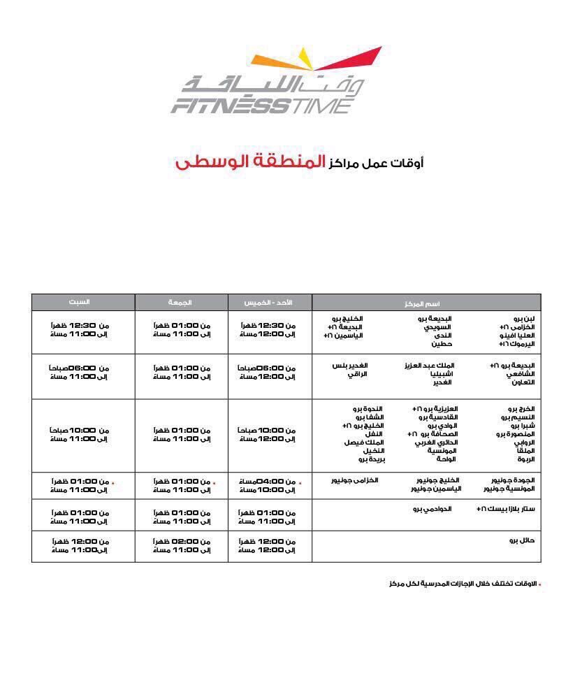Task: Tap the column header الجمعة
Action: (x=180, y=303)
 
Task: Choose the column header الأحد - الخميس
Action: (x=268, y=303)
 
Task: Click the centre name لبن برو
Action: (x=523, y=319)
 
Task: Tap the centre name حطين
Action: (x=442, y=344)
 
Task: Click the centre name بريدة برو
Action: (x=367, y=459)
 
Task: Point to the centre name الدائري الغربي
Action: (x=435, y=443)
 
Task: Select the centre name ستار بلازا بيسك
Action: (x=509, y=509)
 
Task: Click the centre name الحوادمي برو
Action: (x=432, y=509)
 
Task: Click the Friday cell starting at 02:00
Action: (x=182, y=546)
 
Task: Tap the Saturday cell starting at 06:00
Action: (x=79, y=372)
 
